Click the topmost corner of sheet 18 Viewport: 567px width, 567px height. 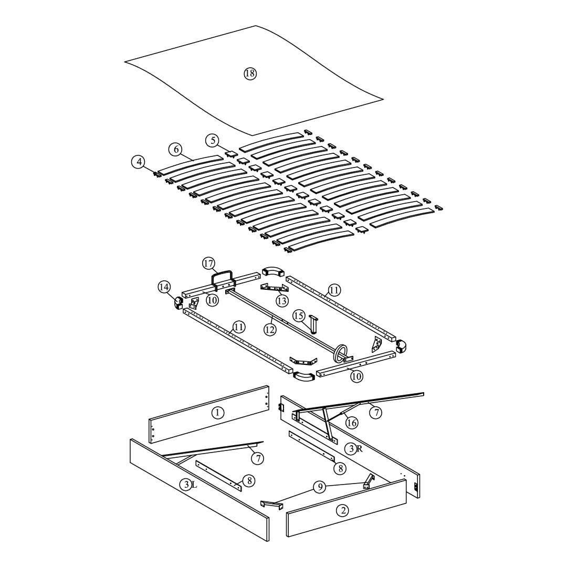pyautogui.click(x=256, y=26)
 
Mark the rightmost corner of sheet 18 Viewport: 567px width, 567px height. pyautogui.click(x=383, y=99)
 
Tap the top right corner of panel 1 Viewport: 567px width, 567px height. pyautogui.click(x=268, y=386)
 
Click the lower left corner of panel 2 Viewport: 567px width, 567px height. pyautogui.click(x=288, y=537)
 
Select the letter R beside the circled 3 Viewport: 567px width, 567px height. pyautogui.click(x=360, y=449)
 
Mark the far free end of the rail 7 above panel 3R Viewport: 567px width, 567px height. pyautogui.click(x=424, y=394)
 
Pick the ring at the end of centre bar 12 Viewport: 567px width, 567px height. pyautogui.click(x=341, y=353)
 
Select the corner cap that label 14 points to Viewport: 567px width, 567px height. pyautogui.click(x=178, y=303)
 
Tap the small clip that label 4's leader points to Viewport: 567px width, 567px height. pyautogui.click(x=157, y=174)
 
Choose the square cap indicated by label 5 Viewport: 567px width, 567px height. pyautogui.click(x=232, y=154)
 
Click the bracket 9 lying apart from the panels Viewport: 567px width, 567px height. pyautogui.click(x=271, y=505)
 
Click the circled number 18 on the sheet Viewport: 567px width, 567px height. pyautogui.click(x=250, y=74)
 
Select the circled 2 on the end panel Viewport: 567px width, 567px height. pyautogui.click(x=342, y=511)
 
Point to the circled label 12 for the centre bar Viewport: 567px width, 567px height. pyautogui.click(x=270, y=329)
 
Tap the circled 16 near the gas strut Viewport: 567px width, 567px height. pyautogui.click(x=351, y=422)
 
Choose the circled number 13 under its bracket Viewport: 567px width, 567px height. pyautogui.click(x=282, y=300)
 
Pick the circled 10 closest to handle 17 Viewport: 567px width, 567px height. pyautogui.click(x=212, y=300)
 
